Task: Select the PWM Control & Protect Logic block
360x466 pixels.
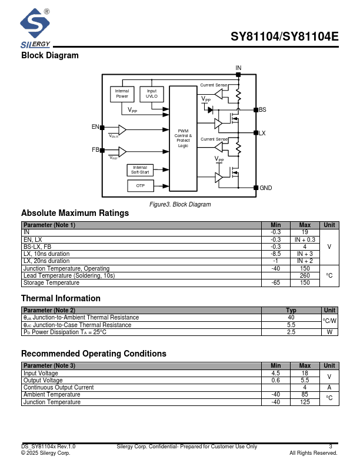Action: (x=183, y=138)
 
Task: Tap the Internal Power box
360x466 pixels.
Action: (x=122, y=94)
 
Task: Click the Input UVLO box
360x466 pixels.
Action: (x=152, y=94)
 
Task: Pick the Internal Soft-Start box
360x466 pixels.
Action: (x=140, y=170)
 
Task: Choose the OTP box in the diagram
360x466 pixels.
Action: (x=140, y=186)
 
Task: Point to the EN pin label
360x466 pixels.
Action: (x=95, y=127)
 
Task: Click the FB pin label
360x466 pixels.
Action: (x=95, y=149)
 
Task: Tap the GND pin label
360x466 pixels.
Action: (x=266, y=188)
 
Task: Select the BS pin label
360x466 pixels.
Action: (x=262, y=110)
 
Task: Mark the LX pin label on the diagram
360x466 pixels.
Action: (x=262, y=134)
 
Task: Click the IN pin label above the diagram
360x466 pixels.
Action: (x=238, y=69)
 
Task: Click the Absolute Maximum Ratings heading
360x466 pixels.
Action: (x=75, y=213)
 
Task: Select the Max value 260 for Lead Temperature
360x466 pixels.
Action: (x=305, y=275)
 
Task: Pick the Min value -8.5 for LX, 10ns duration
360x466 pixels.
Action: (x=275, y=254)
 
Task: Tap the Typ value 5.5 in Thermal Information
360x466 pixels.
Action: (x=291, y=325)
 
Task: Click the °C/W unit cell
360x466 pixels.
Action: (x=329, y=321)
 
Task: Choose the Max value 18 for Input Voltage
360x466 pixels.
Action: (x=305, y=373)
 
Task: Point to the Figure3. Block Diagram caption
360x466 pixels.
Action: (x=180, y=204)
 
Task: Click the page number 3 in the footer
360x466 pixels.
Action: (x=331, y=447)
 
